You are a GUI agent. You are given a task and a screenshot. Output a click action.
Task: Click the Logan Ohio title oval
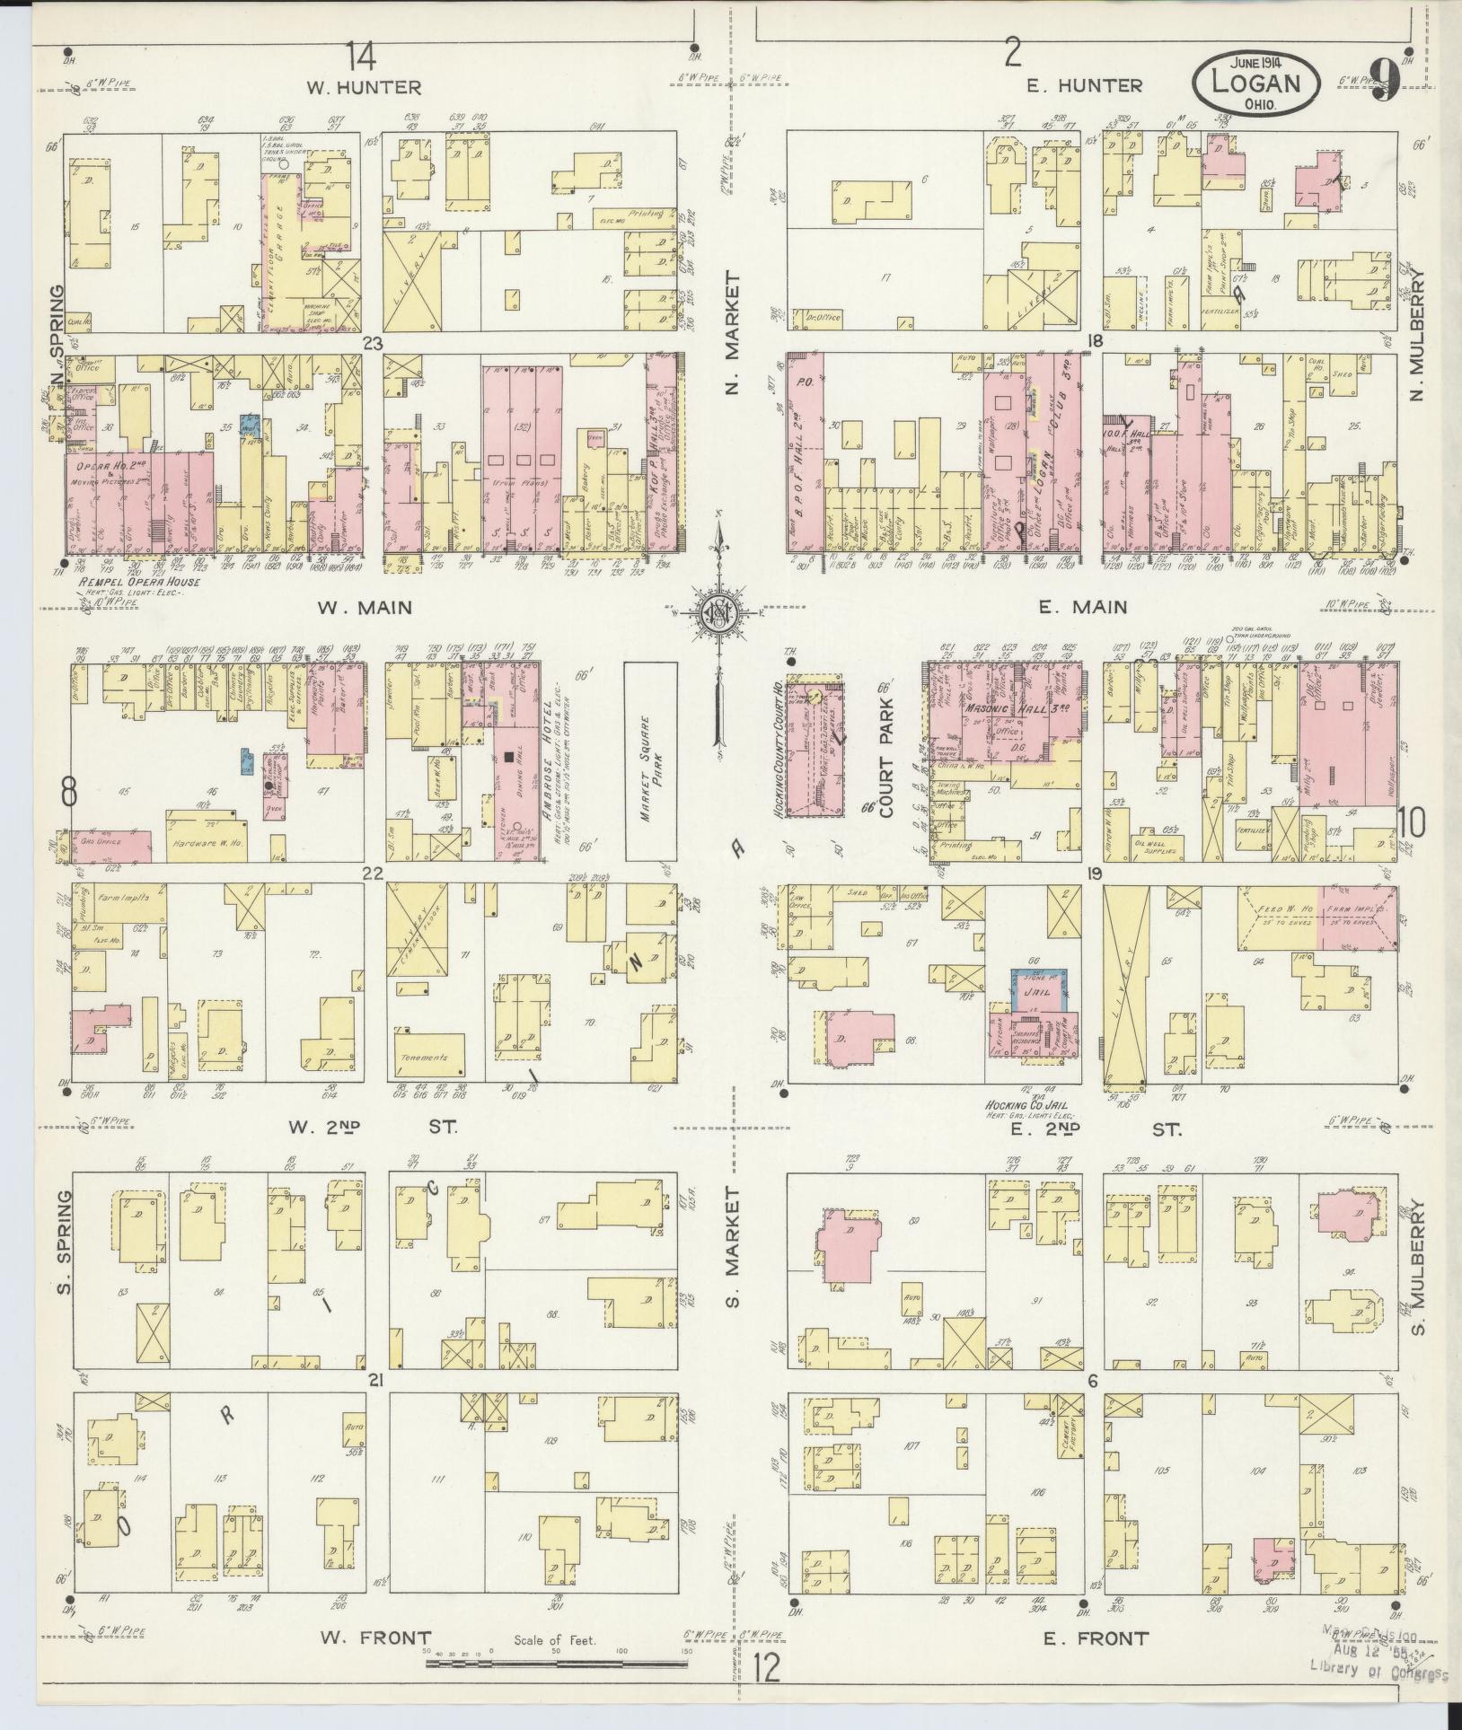point(1256,82)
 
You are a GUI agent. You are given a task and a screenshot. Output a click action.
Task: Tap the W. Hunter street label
point(364,88)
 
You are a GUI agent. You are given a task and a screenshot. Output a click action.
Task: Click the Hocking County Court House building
point(815,744)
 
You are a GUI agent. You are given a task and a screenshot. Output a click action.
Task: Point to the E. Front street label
point(1096,1638)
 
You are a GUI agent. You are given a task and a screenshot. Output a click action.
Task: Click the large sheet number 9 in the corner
point(1387,80)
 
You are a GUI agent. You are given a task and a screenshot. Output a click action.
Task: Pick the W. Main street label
point(365,608)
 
